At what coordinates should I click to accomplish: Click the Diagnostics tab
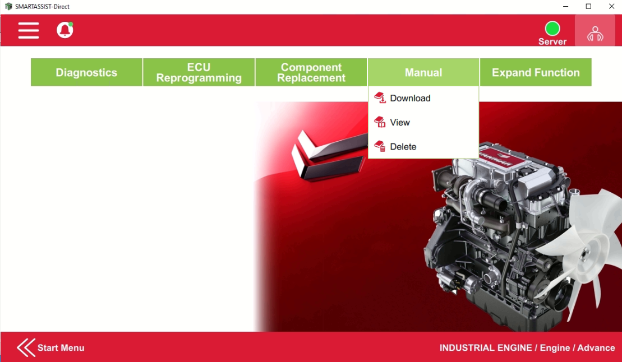pyautogui.click(x=86, y=72)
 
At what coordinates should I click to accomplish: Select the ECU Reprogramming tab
pyautogui.click(x=199, y=72)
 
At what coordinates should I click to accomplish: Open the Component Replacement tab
pyautogui.click(x=311, y=72)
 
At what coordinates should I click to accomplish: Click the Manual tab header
pyautogui.click(x=423, y=72)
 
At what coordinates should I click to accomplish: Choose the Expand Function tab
pyautogui.click(x=536, y=72)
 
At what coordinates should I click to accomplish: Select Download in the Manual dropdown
pyautogui.click(x=409, y=98)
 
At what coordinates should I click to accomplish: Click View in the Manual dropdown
pyautogui.click(x=399, y=122)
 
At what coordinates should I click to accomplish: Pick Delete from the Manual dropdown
pyautogui.click(x=403, y=147)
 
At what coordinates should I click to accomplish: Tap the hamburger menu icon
pyautogui.click(x=29, y=30)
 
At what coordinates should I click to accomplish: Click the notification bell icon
pyautogui.click(x=65, y=30)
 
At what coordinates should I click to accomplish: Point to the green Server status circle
pyautogui.click(x=552, y=29)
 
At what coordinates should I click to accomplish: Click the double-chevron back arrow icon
pyautogui.click(x=26, y=347)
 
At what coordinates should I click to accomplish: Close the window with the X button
pyautogui.click(x=611, y=7)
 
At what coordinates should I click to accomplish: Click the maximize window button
pyautogui.click(x=588, y=7)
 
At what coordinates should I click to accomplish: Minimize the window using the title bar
pyautogui.click(x=565, y=7)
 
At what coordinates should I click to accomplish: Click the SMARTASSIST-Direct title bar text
pyautogui.click(x=42, y=7)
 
